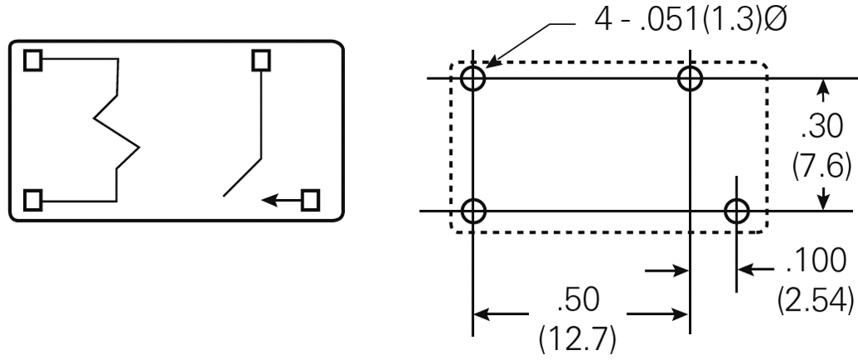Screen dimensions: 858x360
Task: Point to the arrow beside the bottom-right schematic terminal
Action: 282,200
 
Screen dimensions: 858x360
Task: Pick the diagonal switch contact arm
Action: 242,177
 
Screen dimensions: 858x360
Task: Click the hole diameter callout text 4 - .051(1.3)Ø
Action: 691,20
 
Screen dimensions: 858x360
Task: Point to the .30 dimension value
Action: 822,127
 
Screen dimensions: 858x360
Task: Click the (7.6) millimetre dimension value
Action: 822,165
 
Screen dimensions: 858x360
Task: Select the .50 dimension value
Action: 578,300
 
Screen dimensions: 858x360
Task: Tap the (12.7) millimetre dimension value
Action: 578,338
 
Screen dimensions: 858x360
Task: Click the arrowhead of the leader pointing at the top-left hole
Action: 491,62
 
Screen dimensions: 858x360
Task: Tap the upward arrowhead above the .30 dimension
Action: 823,87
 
